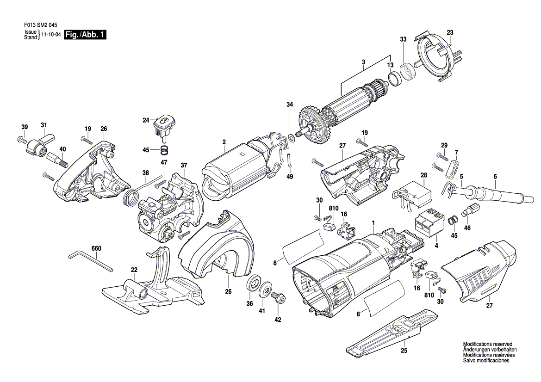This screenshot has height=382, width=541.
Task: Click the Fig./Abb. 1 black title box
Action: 85,35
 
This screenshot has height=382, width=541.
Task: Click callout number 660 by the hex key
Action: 96,248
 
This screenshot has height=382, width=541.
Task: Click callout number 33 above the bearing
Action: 403,40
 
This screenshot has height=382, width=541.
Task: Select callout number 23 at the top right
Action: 450,32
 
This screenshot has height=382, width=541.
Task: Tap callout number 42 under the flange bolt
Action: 278,320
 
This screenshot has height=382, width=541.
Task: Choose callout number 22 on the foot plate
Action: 134,270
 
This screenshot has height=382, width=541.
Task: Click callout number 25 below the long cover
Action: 404,351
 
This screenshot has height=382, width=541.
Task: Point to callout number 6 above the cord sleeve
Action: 495,176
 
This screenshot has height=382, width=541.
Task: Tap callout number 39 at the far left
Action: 25,127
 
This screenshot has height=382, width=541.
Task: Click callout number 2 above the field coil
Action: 224,142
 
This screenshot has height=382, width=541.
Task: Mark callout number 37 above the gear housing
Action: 184,165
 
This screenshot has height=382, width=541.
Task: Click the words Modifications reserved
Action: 488,345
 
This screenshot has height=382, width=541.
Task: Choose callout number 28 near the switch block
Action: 423,175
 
